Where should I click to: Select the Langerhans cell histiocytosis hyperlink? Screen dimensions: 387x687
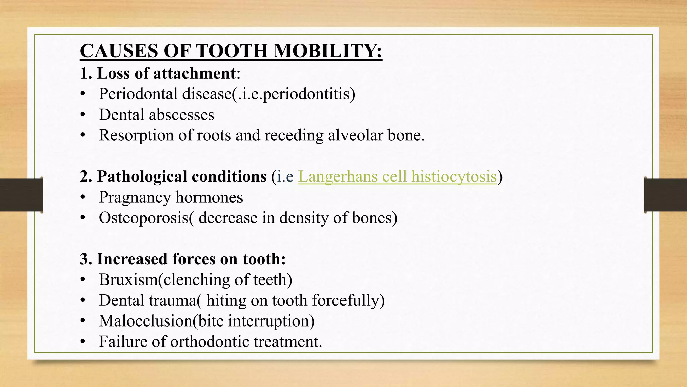pos(397,176)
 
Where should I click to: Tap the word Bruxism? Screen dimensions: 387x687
pos(128,279)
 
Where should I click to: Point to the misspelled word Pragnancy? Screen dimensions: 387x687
pos(135,197)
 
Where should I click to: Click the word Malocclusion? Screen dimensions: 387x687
pos(146,321)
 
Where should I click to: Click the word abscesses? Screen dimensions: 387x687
pos(181,115)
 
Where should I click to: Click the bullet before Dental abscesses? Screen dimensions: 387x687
pos(83,115)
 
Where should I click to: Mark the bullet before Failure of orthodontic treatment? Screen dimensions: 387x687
pos(83,342)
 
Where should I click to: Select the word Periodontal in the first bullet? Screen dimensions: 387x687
pos(138,94)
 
